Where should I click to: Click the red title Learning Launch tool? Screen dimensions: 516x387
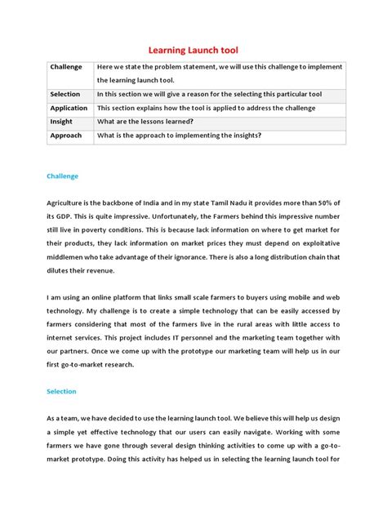click(193, 51)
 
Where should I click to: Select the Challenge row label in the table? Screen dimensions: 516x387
click(66, 67)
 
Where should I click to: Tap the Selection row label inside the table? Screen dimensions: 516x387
click(65, 94)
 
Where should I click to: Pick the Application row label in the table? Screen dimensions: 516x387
click(69, 108)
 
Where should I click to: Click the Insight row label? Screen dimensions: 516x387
click(61, 122)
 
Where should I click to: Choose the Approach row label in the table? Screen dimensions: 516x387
click(65, 136)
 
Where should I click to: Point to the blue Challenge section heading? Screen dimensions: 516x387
click(62, 176)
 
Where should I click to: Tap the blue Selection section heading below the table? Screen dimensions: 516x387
click(61, 391)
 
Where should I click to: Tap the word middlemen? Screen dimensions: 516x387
click(69, 257)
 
